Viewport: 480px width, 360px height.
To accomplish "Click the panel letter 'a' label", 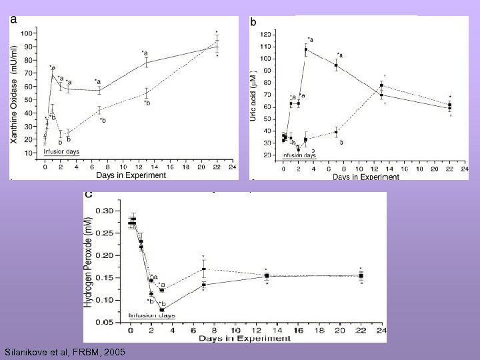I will tap(14, 20).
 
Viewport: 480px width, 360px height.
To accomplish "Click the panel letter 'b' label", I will tap(253, 22).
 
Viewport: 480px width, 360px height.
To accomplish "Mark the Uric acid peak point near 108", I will tap(306, 49).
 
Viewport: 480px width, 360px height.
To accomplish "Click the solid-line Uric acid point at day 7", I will tap(336, 65).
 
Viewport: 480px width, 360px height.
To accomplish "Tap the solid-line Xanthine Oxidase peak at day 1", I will tap(52, 75).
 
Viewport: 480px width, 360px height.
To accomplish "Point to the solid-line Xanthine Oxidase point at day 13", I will tap(146, 63).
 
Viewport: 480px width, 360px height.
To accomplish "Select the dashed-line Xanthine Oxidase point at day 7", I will tap(99, 110).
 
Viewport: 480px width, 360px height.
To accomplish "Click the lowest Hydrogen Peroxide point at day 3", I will tap(162, 309).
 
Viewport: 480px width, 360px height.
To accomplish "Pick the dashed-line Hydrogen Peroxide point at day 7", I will tap(204, 269).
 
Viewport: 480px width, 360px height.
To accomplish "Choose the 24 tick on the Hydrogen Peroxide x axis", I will tap(382, 331).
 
